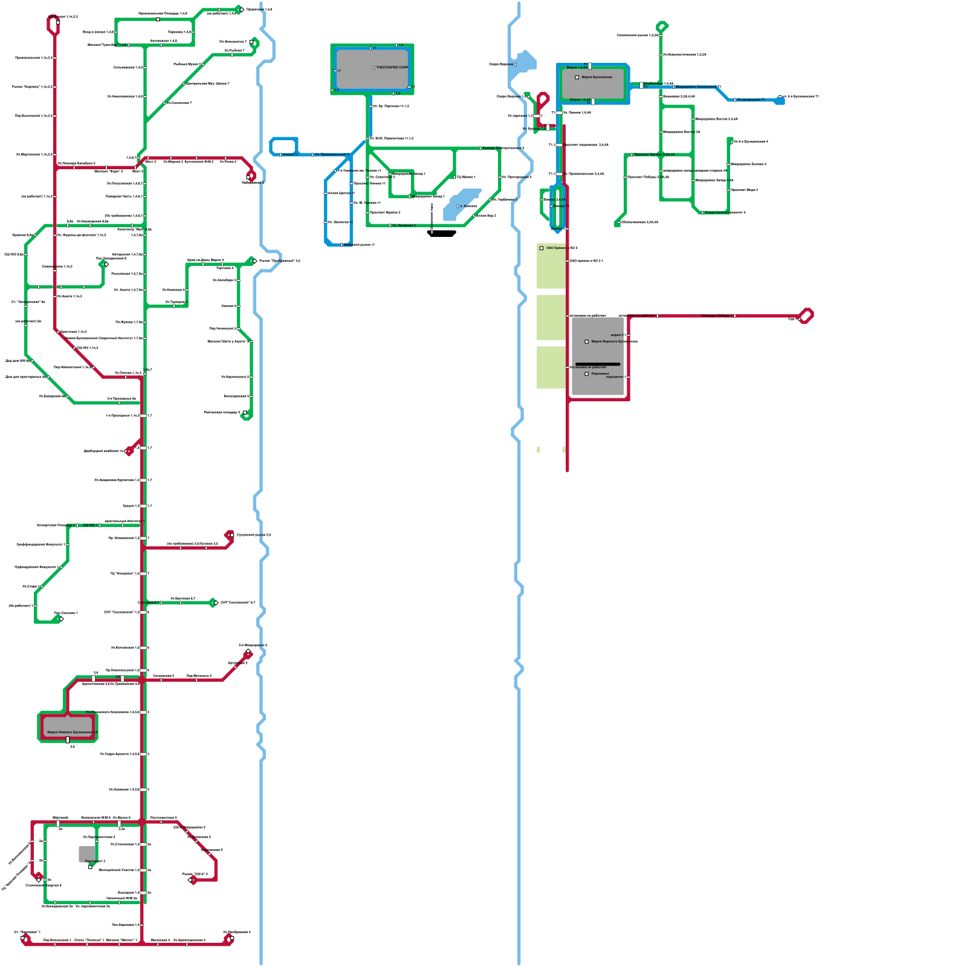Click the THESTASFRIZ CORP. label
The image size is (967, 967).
pyautogui.click(x=392, y=68)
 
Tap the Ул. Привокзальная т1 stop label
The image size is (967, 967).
pyautogui.click(x=332, y=155)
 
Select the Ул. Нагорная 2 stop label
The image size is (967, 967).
pyautogui.click(x=404, y=225)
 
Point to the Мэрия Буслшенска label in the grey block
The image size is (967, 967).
pyautogui.click(x=597, y=77)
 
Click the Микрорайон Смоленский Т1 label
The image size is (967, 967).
pyautogui.click(x=698, y=87)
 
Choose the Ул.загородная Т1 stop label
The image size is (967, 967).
pyautogui.click(x=751, y=100)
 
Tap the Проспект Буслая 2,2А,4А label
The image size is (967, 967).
pyautogui.click(x=654, y=155)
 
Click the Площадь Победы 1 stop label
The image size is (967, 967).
pyautogui.click(x=717, y=315)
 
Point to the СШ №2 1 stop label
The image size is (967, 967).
pyautogui.click(x=89, y=525)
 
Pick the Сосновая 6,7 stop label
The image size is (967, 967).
pyautogui.click(x=149, y=603)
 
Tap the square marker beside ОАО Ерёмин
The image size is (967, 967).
pyautogui.click(x=542, y=248)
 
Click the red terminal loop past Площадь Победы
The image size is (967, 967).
pyautogui.click(x=806, y=315)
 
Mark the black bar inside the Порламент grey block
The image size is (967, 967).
pyautogui.click(x=598, y=364)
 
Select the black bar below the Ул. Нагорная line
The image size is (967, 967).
pyautogui.click(x=442, y=233)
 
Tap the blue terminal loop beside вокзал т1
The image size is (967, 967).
pyautogui.click(x=283, y=146)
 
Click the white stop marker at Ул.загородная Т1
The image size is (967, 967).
pyautogui.click(x=735, y=100)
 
